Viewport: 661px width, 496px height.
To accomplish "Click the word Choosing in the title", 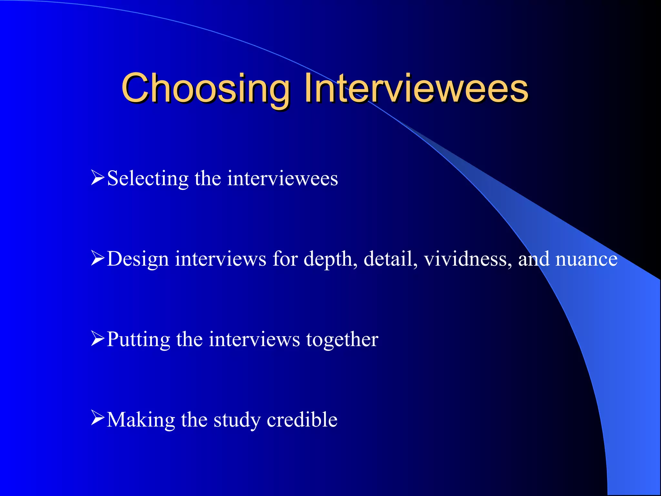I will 205,89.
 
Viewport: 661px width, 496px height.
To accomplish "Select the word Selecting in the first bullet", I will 148,179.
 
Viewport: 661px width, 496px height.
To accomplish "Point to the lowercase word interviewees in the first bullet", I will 282,178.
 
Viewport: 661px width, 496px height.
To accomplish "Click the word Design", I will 138,259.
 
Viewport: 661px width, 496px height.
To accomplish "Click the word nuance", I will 586,259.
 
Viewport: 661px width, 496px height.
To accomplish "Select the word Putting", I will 138,340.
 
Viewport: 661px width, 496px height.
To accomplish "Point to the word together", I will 342,339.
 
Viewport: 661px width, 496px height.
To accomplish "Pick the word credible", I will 302,419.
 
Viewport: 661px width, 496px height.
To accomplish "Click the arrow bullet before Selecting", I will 98,178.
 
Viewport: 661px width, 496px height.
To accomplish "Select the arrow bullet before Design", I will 98,258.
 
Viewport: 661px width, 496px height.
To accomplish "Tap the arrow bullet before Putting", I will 98,338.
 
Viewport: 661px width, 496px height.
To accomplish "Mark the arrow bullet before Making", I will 98,418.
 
